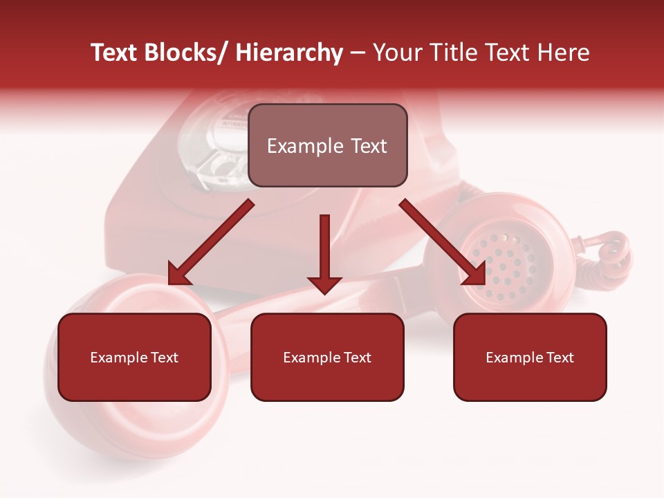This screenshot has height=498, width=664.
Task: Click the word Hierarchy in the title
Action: click(289, 53)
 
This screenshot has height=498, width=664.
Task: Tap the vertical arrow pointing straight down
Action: click(324, 249)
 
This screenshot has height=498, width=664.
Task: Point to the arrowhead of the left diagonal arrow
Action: click(178, 274)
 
